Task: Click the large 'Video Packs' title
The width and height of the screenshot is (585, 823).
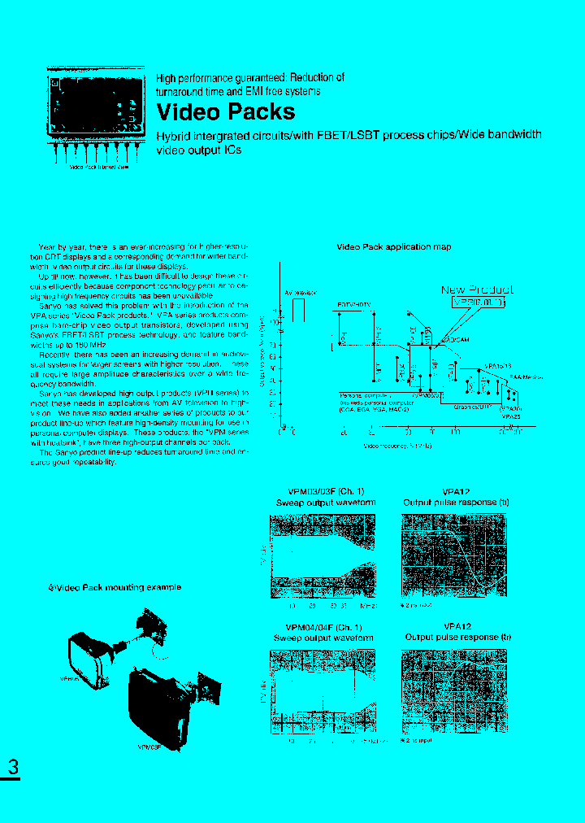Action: pyautogui.click(x=225, y=111)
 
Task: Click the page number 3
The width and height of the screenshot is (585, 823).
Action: pyautogui.click(x=13, y=766)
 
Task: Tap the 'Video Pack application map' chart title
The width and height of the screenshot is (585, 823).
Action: pyautogui.click(x=393, y=247)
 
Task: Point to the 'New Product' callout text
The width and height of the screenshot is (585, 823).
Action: pyautogui.click(x=476, y=290)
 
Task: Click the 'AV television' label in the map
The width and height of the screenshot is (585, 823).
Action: pyautogui.click(x=299, y=291)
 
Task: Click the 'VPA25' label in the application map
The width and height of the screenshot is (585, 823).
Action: pyautogui.click(x=512, y=416)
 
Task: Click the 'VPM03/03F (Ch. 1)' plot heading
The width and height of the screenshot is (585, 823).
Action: pyautogui.click(x=326, y=491)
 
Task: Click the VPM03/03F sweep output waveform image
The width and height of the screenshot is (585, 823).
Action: pyautogui.click(x=323, y=556)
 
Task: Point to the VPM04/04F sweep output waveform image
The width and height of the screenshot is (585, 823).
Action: pyautogui.click(x=323, y=691)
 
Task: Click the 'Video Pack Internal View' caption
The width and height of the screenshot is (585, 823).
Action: pyautogui.click(x=98, y=167)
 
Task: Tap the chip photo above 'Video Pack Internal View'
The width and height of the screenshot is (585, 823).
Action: pyautogui.click(x=95, y=106)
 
